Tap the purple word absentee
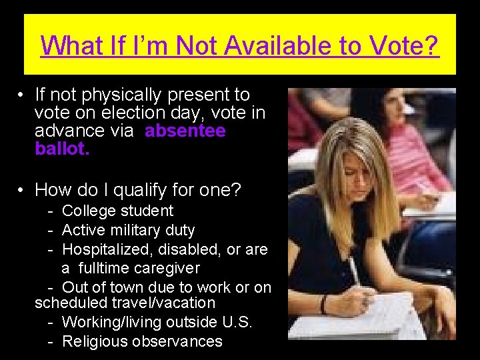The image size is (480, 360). tap(185, 131)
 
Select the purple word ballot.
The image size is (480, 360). tap(61, 149)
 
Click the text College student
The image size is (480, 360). tap(117, 211)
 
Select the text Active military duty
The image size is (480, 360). tap(128, 231)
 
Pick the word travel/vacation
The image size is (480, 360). tap(158, 303)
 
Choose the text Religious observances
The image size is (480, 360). tap(142, 341)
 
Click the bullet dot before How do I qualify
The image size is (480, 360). tap(22, 191)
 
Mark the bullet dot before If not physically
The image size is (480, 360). tap(22, 96)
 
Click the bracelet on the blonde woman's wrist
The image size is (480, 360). tap(324, 305)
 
